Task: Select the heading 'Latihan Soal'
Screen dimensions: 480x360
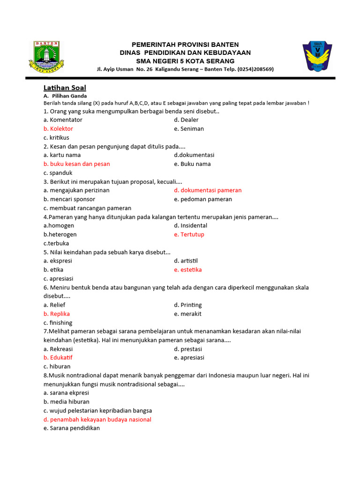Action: [x=65, y=88]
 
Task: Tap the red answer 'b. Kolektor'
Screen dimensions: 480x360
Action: [x=58, y=128]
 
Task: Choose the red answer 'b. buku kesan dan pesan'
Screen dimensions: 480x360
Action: [x=77, y=164]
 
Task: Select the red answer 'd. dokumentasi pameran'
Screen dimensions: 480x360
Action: [x=208, y=190]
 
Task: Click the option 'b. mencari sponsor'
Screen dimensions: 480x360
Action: [x=69, y=199]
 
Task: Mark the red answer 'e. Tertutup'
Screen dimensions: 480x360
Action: [x=189, y=234]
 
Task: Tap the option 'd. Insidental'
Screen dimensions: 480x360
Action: [x=190, y=225]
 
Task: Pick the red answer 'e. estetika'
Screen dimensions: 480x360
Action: [x=187, y=270]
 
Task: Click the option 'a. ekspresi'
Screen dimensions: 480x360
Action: [x=58, y=261]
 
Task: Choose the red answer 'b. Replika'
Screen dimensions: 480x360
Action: [x=57, y=314]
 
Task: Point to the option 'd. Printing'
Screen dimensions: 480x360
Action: [x=187, y=305]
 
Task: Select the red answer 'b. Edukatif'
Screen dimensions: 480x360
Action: [x=58, y=358]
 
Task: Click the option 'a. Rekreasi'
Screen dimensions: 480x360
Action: [x=58, y=349]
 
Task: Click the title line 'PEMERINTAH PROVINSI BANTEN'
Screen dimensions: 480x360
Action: [x=185, y=45]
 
